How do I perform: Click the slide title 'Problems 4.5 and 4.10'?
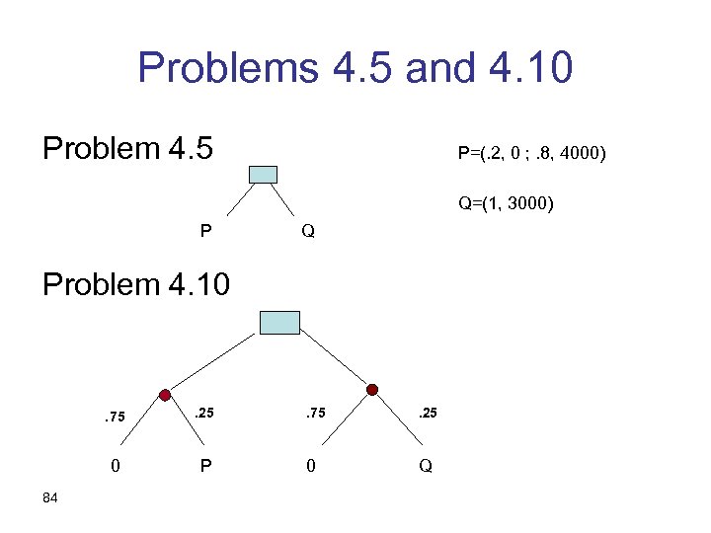(355, 68)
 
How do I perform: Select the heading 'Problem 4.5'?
(135, 149)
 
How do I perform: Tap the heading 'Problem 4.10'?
(135, 284)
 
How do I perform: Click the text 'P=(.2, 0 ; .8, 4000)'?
(531, 154)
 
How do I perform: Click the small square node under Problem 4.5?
(263, 175)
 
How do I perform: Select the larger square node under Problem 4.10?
(278, 323)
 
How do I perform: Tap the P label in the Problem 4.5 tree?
(205, 232)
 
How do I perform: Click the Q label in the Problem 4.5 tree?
(308, 232)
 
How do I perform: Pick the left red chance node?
(165, 391)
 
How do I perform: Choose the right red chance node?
(372, 391)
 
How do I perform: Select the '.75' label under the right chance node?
(315, 414)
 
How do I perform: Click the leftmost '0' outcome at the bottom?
(116, 465)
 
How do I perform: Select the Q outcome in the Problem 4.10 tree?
(426, 466)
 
